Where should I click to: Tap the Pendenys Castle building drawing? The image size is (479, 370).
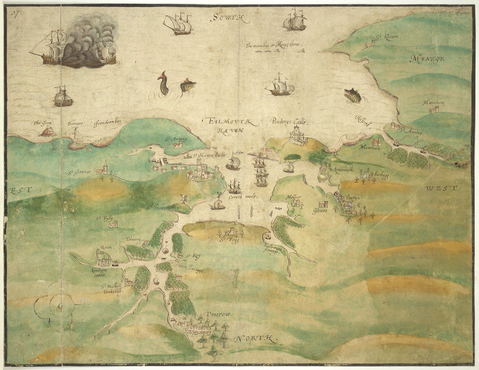tap(298, 136)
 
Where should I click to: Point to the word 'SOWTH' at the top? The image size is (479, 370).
tap(230, 17)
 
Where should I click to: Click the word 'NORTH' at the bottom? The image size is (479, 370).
tap(256, 339)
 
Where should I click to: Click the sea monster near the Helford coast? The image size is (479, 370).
tap(353, 95)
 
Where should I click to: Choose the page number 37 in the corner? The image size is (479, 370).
tap(16, 14)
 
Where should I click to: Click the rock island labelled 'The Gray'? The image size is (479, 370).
tap(48, 131)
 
